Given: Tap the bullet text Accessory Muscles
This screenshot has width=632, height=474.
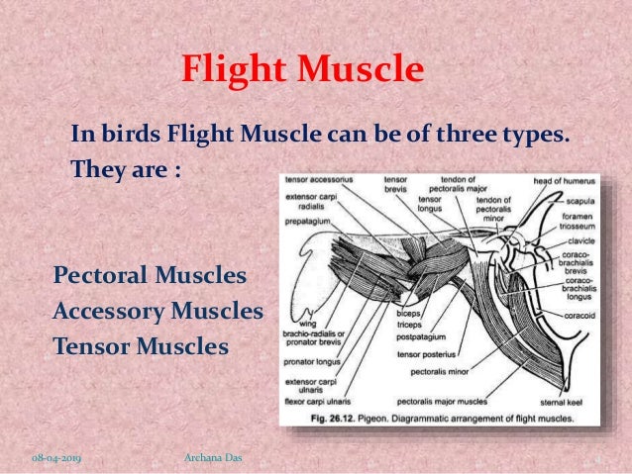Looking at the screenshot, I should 158,311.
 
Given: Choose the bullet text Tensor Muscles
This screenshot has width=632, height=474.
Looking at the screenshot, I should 141,347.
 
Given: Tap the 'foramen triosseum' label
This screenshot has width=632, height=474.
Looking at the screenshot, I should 577,221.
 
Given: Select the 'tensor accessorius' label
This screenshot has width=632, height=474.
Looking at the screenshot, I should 317,181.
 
